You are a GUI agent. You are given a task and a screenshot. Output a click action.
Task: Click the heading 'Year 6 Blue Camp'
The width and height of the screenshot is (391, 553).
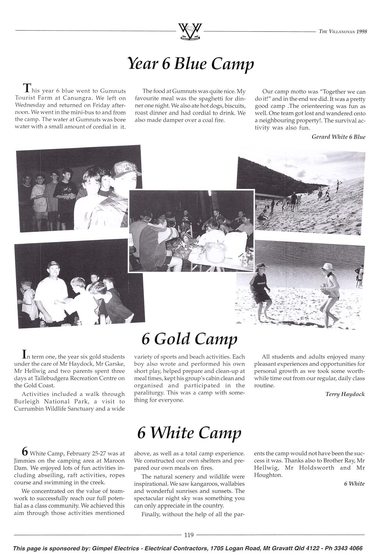190,64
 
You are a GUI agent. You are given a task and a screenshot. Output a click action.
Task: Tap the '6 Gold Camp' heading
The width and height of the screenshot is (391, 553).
189,339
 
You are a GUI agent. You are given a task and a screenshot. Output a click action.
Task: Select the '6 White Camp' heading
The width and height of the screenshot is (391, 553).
189,433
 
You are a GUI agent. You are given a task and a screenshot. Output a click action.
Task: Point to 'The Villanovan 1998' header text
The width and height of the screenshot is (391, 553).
343,32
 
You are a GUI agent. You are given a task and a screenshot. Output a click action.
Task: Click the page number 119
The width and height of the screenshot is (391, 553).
189,535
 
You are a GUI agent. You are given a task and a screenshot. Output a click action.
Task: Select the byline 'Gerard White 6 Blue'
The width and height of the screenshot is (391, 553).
338,137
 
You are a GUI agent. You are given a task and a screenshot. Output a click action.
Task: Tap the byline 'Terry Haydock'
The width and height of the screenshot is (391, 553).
345,394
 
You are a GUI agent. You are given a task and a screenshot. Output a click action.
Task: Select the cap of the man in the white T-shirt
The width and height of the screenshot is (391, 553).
52,265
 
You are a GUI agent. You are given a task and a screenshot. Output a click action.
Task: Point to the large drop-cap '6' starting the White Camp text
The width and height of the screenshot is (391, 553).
25,451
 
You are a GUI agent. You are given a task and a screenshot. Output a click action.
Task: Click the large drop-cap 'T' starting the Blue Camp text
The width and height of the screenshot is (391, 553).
28,87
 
